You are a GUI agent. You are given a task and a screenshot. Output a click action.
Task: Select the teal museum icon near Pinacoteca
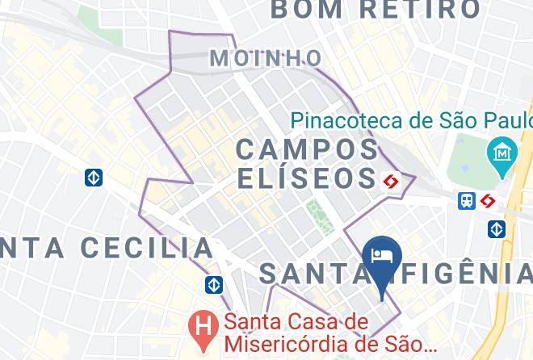(502, 153)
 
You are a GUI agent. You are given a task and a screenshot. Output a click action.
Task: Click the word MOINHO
(265, 58)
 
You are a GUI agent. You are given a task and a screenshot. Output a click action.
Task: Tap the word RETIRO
(420, 10)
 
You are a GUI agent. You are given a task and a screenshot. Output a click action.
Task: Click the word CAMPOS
(308, 149)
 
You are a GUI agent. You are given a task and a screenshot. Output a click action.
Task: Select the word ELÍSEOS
(308, 178)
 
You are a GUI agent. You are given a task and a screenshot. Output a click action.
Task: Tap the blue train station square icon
(467, 201)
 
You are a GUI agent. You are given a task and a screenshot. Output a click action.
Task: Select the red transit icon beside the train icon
(488, 201)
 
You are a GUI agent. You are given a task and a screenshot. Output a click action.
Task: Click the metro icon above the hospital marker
(213, 285)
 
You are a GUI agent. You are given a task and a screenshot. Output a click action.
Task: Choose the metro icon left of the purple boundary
(94, 177)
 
